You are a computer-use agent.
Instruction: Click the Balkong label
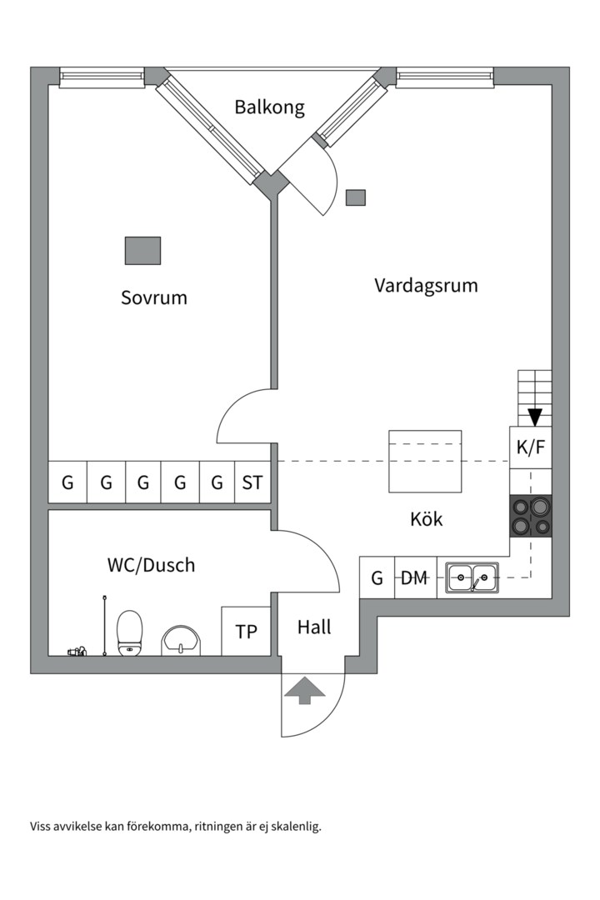[269, 107]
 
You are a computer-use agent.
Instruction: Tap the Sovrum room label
[154, 297]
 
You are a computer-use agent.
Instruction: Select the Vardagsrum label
[426, 286]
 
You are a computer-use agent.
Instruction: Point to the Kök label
[427, 519]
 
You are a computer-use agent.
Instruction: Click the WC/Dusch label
[151, 565]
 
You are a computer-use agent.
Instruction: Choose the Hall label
[314, 627]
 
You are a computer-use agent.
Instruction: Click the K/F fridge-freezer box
[531, 447]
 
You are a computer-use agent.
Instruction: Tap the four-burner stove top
[531, 516]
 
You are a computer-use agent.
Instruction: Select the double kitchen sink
[472, 577]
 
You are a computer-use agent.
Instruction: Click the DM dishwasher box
[414, 577]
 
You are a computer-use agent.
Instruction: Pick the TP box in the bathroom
[247, 632]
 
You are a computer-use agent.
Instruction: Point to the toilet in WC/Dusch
[130, 633]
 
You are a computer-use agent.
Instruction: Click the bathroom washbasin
[181, 640]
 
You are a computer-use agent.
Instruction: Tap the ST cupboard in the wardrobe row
[252, 482]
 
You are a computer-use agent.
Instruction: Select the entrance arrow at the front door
[305, 690]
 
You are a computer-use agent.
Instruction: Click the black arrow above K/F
[535, 417]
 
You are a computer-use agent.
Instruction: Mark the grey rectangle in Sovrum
[142, 250]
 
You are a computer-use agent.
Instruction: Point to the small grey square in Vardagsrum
[356, 197]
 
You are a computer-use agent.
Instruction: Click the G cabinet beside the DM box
[377, 577]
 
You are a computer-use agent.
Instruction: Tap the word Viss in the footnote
[42, 827]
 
